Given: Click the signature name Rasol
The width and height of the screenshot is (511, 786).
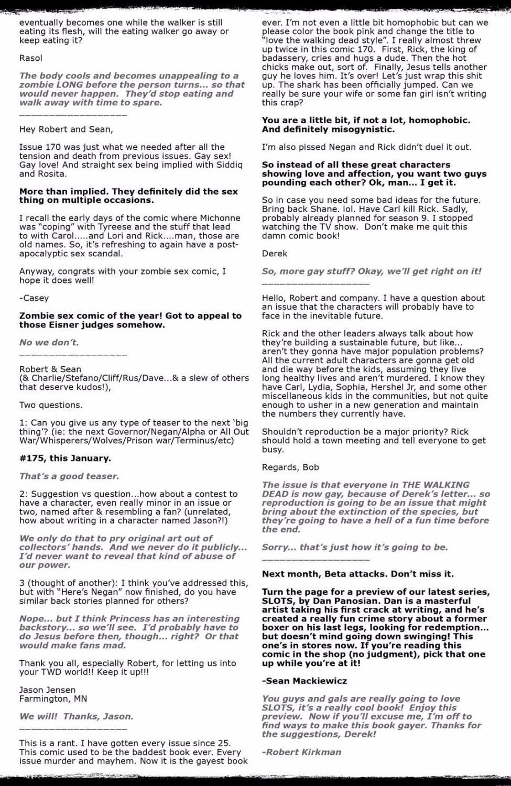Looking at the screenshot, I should click(31, 58).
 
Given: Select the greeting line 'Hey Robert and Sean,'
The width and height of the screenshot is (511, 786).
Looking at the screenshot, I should click(66, 129).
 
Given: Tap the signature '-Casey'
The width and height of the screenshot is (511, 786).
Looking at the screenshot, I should click(34, 298).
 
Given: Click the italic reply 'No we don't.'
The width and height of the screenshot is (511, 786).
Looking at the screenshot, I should click(49, 343).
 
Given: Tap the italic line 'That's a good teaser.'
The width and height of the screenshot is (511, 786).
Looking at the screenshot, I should click(69, 476).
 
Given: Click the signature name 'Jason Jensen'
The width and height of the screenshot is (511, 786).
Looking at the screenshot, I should click(48, 690).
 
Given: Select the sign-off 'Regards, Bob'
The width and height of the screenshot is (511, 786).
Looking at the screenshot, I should click(290, 467).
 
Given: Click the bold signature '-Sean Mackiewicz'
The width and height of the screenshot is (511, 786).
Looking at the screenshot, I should click(305, 681).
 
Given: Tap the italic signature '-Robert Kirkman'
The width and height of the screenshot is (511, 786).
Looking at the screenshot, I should click(301, 752).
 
